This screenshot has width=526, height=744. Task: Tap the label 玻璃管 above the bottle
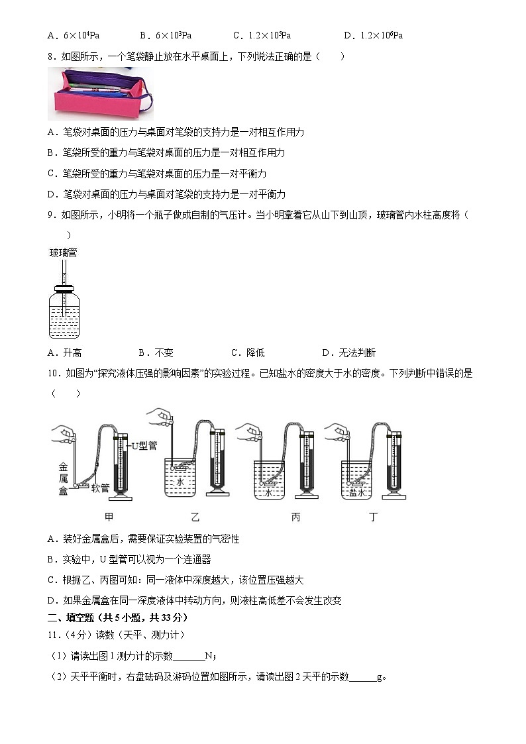click(x=63, y=252)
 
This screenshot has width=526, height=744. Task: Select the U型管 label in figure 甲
click(x=144, y=445)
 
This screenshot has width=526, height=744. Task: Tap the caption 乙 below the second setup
click(x=195, y=517)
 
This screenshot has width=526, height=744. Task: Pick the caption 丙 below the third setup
click(x=295, y=517)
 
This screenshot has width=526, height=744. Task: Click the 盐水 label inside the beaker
click(x=358, y=493)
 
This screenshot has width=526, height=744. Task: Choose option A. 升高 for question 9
click(x=64, y=352)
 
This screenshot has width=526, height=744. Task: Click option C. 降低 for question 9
click(x=248, y=352)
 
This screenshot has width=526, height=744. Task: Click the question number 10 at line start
click(x=54, y=374)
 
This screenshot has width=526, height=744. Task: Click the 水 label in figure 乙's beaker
click(x=180, y=482)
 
